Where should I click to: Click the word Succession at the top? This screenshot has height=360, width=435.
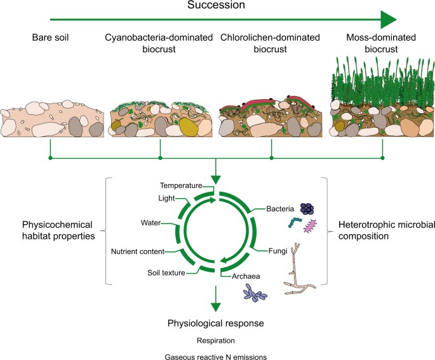point(217,6)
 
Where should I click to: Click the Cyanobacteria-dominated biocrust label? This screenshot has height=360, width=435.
point(158,43)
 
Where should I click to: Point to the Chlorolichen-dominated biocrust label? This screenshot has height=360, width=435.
point(272,43)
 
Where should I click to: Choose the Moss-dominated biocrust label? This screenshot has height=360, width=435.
point(382,43)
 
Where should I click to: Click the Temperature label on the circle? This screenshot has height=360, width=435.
point(180,186)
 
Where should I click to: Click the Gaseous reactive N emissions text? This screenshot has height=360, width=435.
point(217,354)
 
